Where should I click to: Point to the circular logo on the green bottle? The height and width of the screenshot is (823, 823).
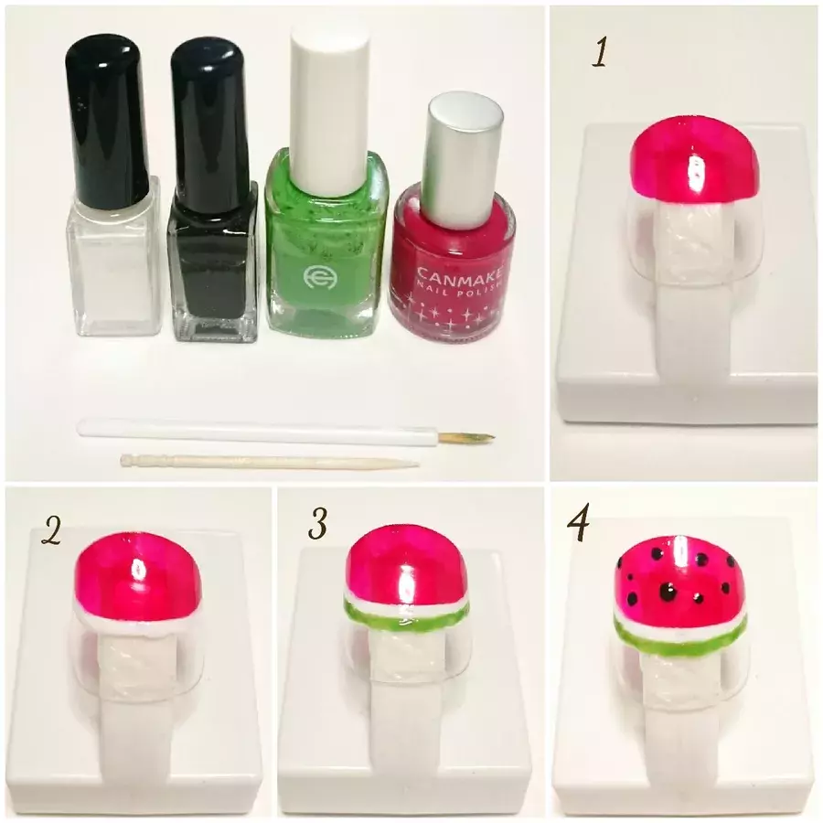pyautogui.click(x=316, y=276)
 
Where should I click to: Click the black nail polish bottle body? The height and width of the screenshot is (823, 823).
pyautogui.click(x=212, y=262)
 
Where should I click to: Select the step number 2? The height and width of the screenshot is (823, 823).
pyautogui.click(x=51, y=529)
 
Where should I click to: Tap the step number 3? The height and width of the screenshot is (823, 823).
pyautogui.click(x=317, y=525)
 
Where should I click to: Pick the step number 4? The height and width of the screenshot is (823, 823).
pyautogui.click(x=578, y=522)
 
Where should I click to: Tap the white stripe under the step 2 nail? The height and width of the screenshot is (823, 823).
pyautogui.click(x=138, y=623)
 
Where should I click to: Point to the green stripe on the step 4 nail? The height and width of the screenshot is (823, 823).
pyautogui.click(x=680, y=637)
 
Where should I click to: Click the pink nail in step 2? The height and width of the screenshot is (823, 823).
pyautogui.click(x=138, y=577)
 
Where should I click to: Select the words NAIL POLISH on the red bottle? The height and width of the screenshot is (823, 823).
pyautogui.click(x=463, y=289)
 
